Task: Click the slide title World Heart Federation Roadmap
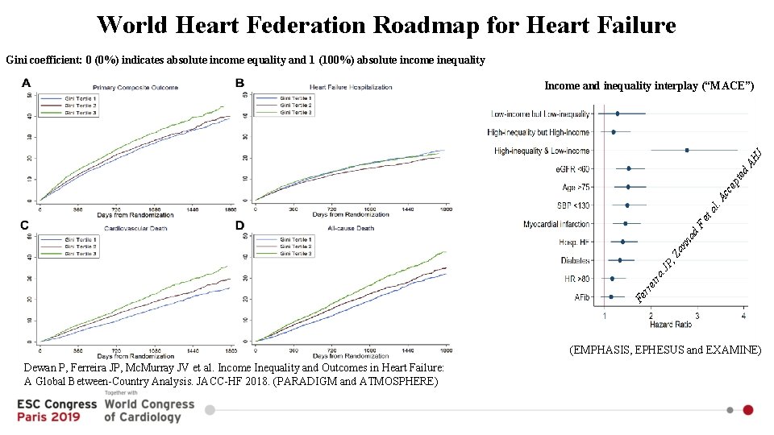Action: [386, 25]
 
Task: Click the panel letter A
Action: [27, 83]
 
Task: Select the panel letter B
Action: [239, 83]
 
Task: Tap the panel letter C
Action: [25, 226]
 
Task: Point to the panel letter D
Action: [239, 226]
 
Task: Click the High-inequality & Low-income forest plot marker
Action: [686, 150]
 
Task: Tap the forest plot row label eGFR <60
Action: [572, 169]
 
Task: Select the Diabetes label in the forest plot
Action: [575, 260]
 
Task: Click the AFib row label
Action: [581, 297]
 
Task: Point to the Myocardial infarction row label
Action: [556, 224]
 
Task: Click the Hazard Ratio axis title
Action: [672, 325]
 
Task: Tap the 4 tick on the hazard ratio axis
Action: [743, 317]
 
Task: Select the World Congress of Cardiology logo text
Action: [149, 410]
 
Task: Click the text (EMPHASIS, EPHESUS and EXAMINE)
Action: [665, 350]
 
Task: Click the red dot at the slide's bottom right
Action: [748, 410]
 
